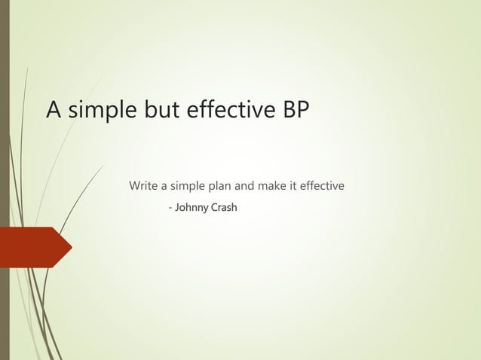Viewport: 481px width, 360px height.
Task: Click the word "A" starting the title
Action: (x=54, y=110)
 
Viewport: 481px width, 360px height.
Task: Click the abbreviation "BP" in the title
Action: (x=296, y=110)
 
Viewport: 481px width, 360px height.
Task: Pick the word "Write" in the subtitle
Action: (x=144, y=185)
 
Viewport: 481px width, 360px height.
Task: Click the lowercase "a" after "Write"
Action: (x=166, y=186)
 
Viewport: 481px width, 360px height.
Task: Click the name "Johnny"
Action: (x=191, y=207)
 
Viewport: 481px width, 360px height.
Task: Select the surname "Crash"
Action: (x=224, y=206)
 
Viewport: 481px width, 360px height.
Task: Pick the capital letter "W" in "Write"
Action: (x=135, y=185)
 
